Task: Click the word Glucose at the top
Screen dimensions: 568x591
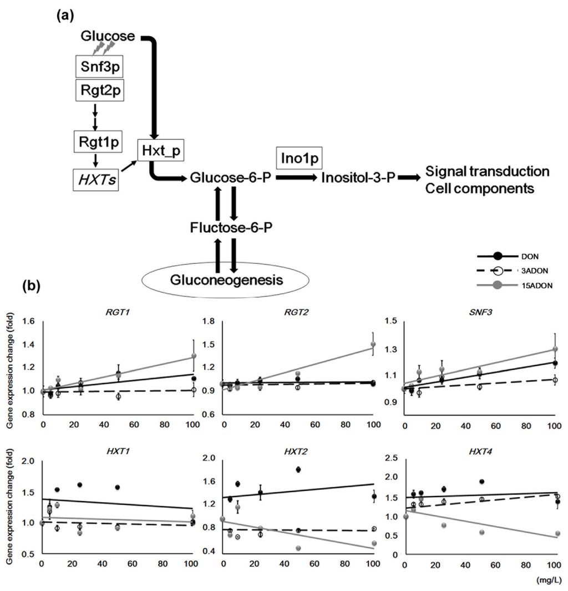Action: point(108,37)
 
